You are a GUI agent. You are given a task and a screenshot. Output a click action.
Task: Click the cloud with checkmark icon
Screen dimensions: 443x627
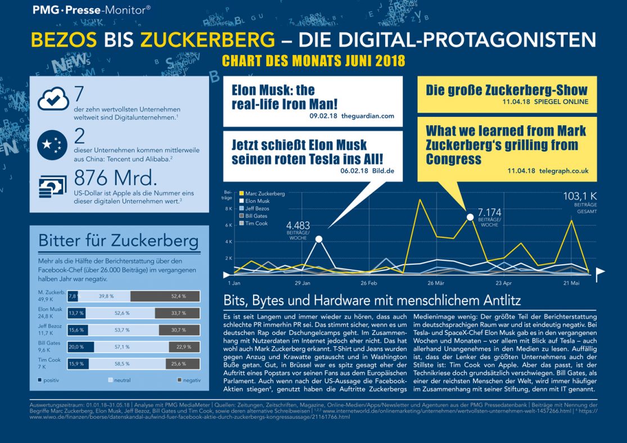click(53, 100)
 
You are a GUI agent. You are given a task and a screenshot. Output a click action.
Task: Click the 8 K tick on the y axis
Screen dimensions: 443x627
click(228, 209)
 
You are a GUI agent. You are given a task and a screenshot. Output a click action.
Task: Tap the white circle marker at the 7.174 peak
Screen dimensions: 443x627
click(470, 216)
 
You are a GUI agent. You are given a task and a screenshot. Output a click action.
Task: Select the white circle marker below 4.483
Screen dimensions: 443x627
click(319, 239)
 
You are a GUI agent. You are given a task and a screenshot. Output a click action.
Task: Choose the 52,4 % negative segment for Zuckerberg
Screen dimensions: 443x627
click(165, 296)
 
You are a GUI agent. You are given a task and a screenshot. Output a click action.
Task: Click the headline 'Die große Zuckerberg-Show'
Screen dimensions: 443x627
click(506, 90)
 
